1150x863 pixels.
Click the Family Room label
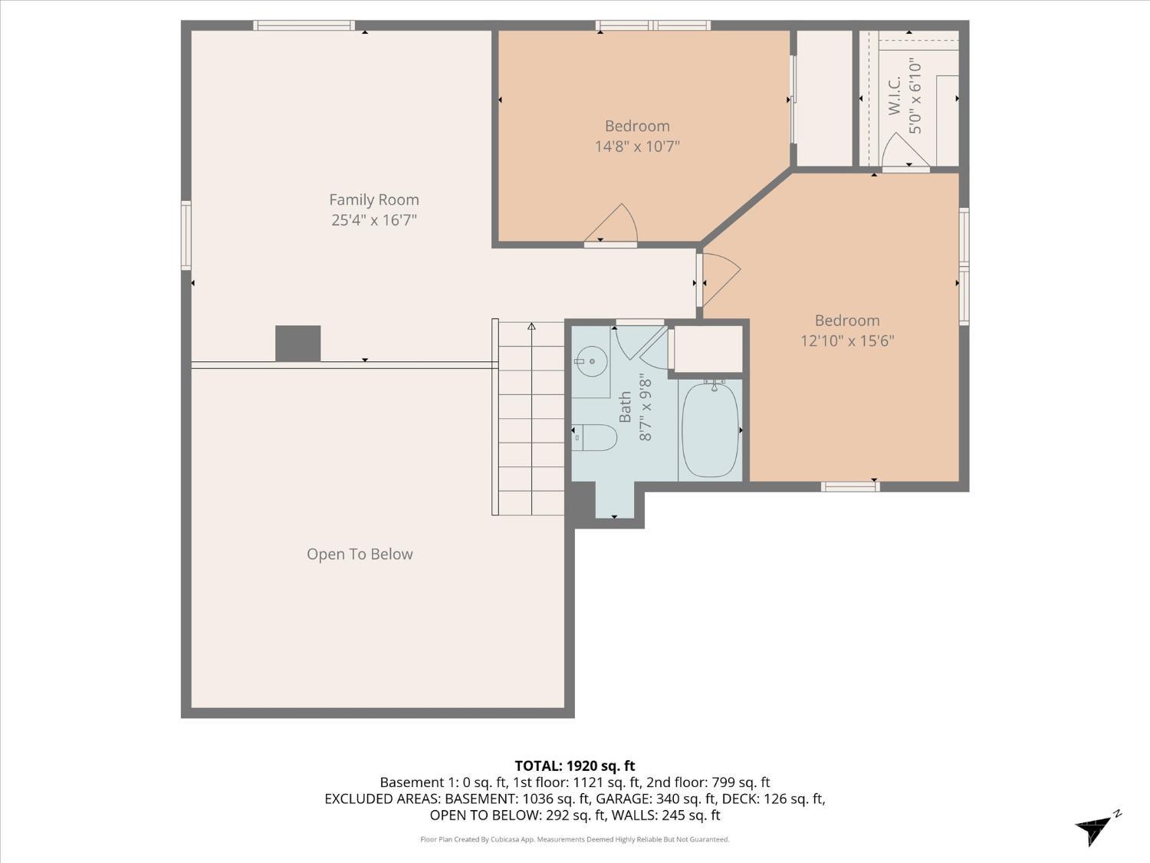tap(374, 199)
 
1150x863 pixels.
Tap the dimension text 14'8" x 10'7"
tap(637, 146)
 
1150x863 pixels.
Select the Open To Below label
tap(360, 554)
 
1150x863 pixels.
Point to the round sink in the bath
tap(591, 359)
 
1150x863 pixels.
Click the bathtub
tap(710, 430)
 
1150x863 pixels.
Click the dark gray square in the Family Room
tap(298, 343)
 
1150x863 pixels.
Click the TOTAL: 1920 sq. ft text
tap(574, 766)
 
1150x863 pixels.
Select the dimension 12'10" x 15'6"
tap(847, 341)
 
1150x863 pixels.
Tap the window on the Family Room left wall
tap(186, 235)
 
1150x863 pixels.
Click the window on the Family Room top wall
tap(304, 25)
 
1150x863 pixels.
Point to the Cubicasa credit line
tap(574, 839)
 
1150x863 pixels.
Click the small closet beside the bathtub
tap(708, 349)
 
